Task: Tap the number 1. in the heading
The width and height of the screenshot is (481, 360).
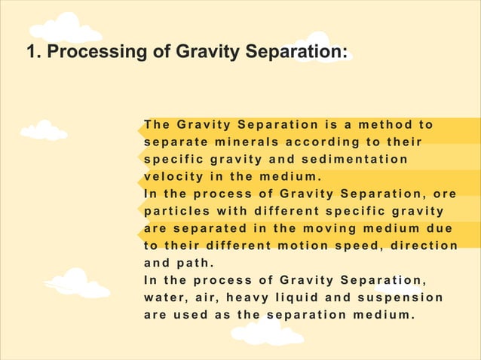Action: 33,53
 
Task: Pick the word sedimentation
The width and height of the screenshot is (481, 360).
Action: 356,159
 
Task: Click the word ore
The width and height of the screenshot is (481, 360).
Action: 446,194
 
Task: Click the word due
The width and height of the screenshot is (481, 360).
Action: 440,228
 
